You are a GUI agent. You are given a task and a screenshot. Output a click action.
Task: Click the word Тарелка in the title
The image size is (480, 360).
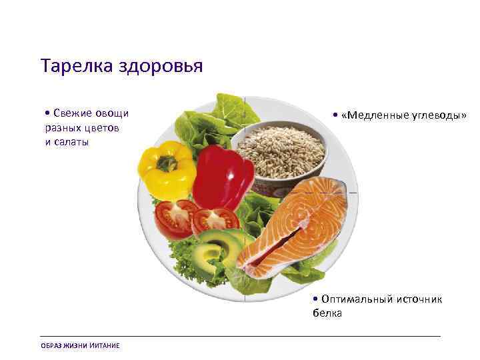coord(69,67)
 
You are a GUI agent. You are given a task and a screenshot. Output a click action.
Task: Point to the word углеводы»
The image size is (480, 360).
coord(437,115)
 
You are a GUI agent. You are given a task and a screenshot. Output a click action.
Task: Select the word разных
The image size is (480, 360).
coord(65,127)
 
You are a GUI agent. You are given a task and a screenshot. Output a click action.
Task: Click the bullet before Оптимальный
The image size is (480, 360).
coord(315,299)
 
